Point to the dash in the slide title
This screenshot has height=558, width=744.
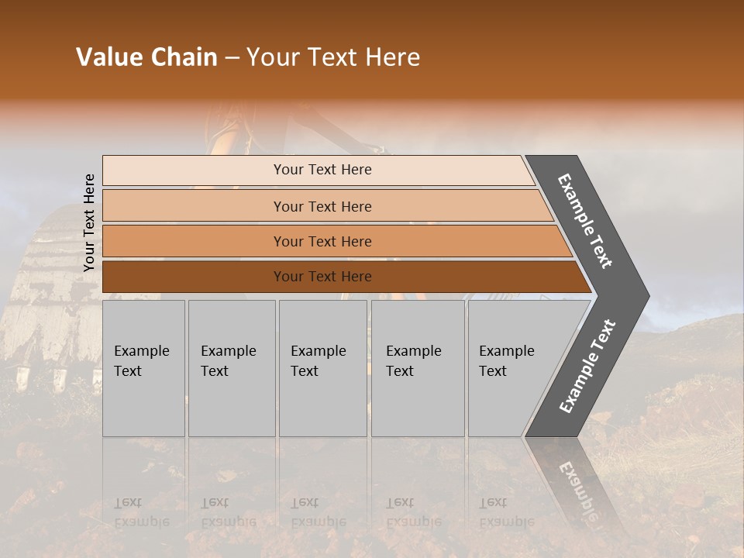[x=232, y=58]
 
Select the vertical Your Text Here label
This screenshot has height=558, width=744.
[x=89, y=223]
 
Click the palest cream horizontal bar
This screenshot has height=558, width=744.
[x=322, y=170]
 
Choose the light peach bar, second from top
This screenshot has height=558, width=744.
[x=322, y=206]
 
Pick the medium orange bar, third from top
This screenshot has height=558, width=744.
[x=322, y=241]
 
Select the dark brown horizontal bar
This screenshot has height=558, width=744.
[x=322, y=277]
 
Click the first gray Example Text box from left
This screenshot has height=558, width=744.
[x=143, y=368]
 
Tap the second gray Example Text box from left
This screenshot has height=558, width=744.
[x=231, y=368]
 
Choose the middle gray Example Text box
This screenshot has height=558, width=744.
[x=322, y=368]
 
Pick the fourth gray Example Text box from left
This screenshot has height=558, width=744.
[x=417, y=368]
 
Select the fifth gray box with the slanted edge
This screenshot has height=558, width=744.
[x=511, y=368]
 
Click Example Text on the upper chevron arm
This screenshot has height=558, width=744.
[x=585, y=221]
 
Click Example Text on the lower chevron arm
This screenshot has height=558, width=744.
[x=587, y=366]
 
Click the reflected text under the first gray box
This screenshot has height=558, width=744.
[x=141, y=512]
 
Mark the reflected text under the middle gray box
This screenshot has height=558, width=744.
[x=318, y=512]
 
